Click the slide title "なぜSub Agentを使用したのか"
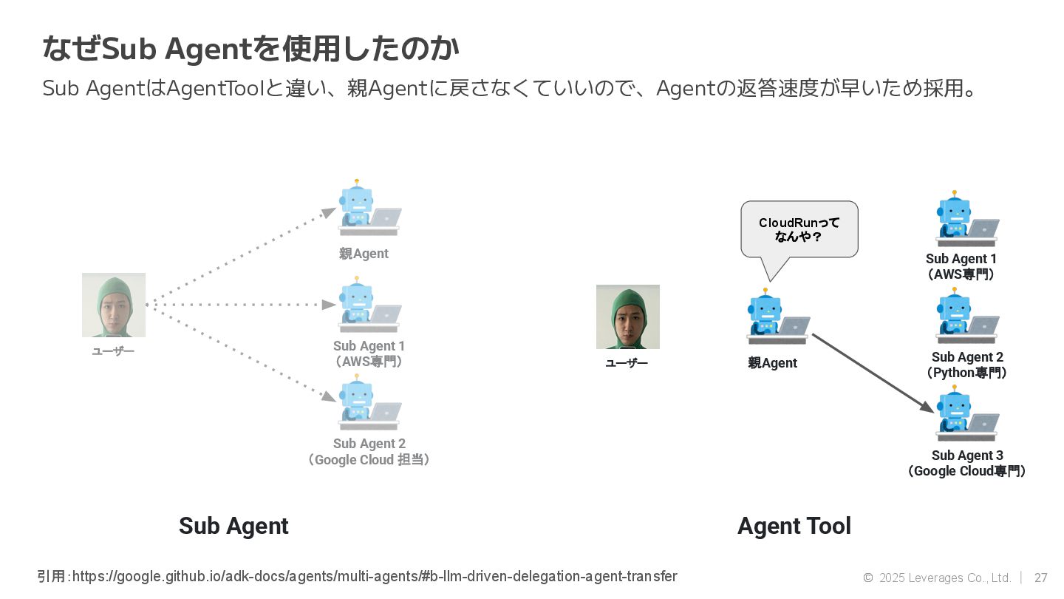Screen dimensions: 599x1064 (251, 50)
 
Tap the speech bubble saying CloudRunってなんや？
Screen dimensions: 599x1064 (799, 229)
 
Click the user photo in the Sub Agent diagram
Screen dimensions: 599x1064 (114, 305)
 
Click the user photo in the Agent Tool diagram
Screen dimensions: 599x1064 (628, 317)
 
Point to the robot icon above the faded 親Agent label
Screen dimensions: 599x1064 (368, 209)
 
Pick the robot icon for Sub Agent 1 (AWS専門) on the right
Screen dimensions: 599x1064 (965, 220)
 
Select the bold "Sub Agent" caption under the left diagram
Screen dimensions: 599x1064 (233, 526)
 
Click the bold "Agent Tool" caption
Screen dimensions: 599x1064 (794, 526)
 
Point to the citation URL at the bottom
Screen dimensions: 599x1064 (357, 576)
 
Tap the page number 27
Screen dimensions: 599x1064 (1041, 578)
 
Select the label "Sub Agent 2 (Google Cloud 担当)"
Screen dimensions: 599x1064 (369, 452)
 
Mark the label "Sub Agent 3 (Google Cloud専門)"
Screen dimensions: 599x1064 (966, 464)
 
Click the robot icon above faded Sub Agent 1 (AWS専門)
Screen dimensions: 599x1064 (368, 306)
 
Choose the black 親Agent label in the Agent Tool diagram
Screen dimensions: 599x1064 (772, 363)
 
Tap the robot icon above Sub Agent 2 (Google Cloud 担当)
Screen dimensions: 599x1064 (368, 404)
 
